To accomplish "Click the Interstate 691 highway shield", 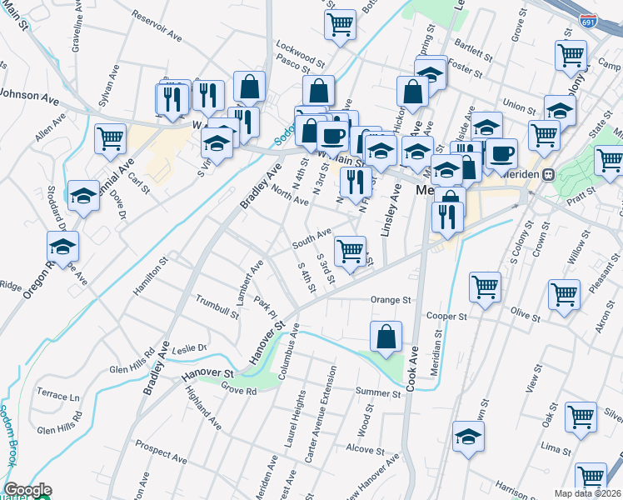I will point(589,20).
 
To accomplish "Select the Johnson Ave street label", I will point(29,96).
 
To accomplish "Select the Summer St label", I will point(378,392).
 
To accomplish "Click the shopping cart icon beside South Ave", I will point(351,250).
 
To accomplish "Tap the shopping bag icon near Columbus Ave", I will point(386,337).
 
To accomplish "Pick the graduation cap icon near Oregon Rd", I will point(62,246).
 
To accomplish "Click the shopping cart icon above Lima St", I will point(581,417).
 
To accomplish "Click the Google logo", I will point(27,490).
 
